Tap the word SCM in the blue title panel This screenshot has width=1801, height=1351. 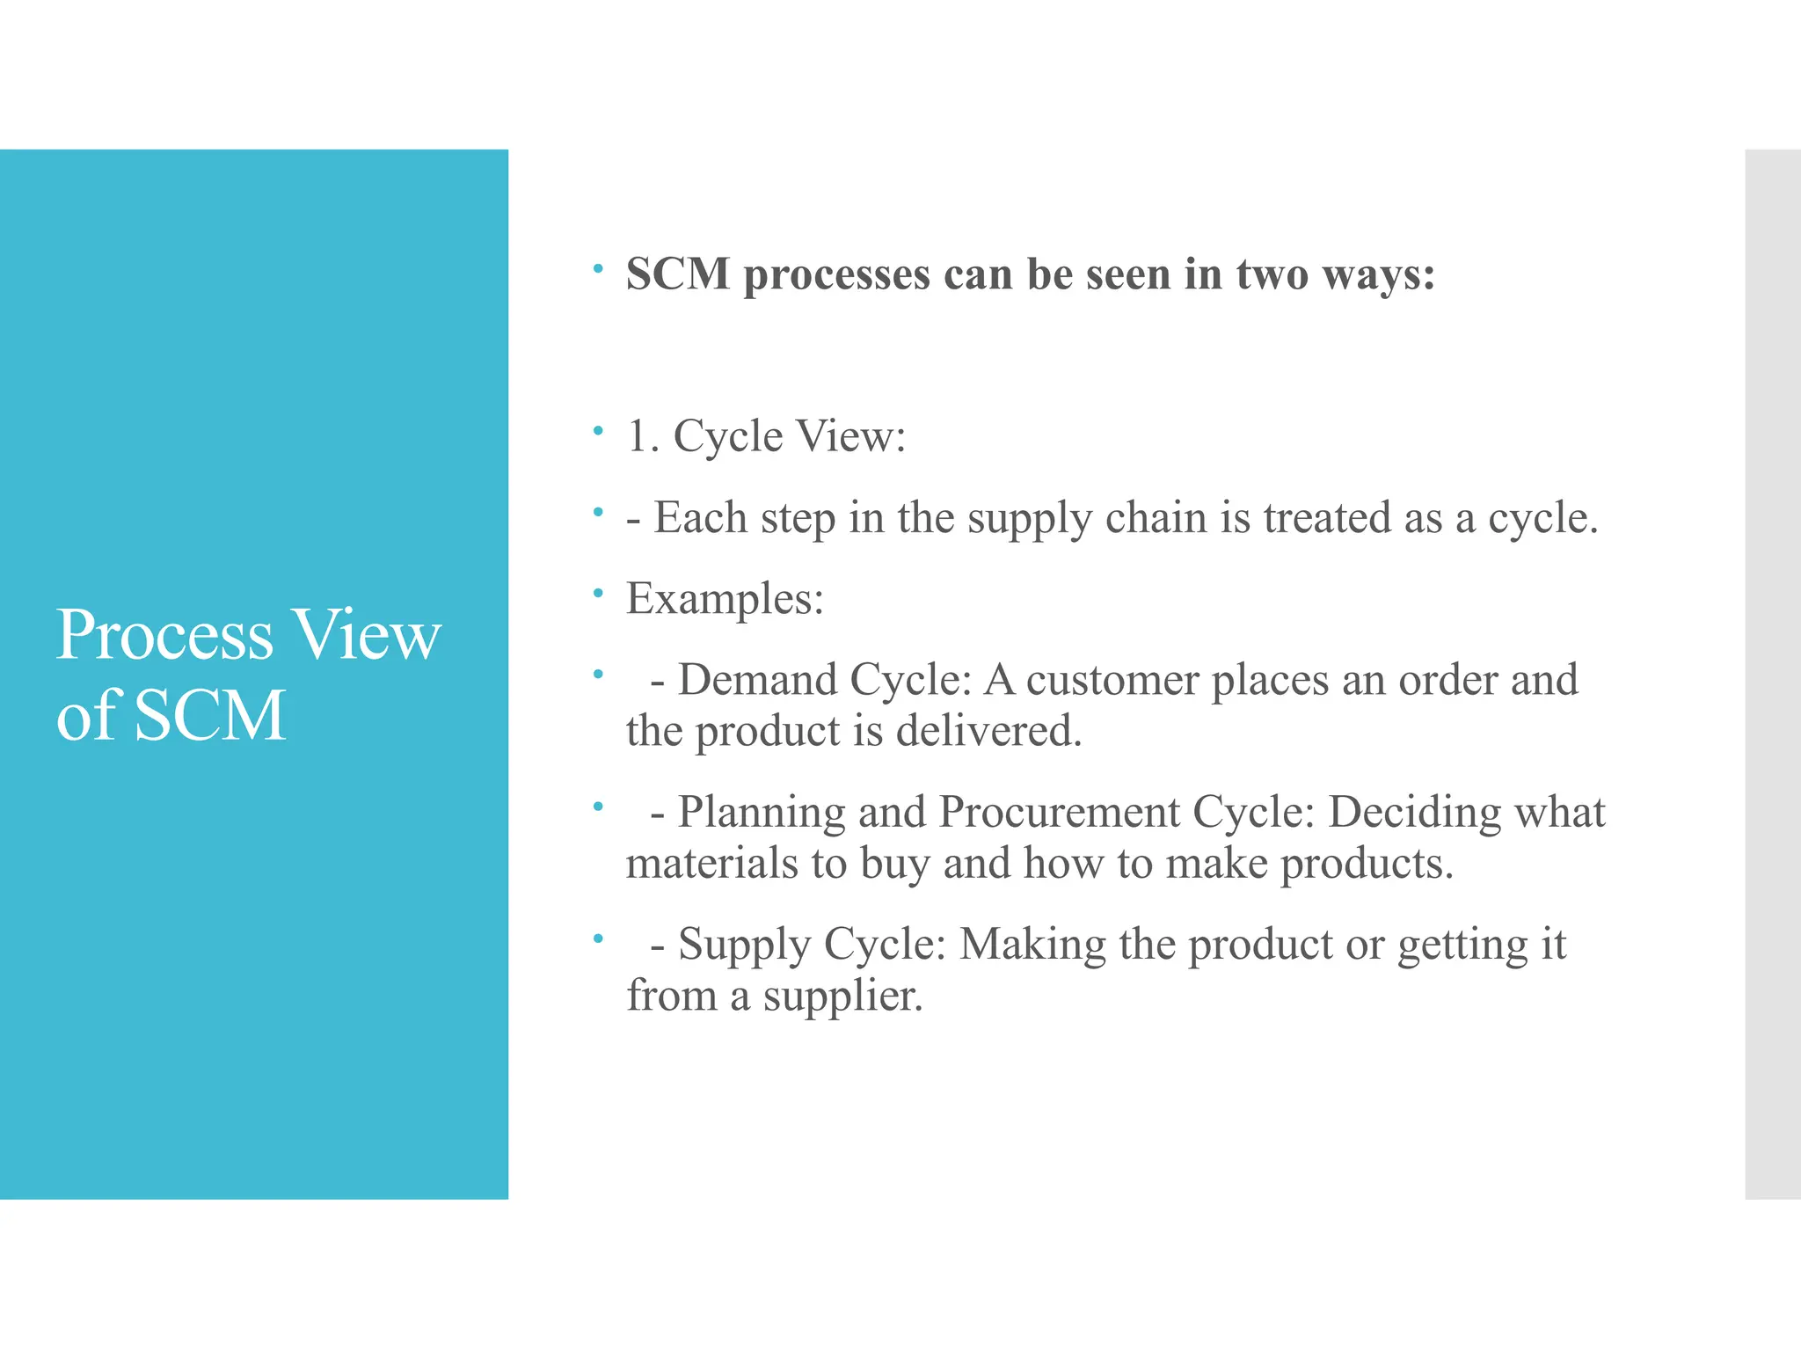210,715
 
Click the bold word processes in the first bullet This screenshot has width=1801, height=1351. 836,275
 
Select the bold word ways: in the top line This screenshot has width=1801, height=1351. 1378,275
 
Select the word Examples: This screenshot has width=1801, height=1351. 725,599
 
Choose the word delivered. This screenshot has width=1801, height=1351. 988,731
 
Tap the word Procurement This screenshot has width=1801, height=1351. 1060,812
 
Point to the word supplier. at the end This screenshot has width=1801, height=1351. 842,997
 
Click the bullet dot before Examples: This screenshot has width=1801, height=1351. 598,593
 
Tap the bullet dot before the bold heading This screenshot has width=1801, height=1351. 598,268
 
